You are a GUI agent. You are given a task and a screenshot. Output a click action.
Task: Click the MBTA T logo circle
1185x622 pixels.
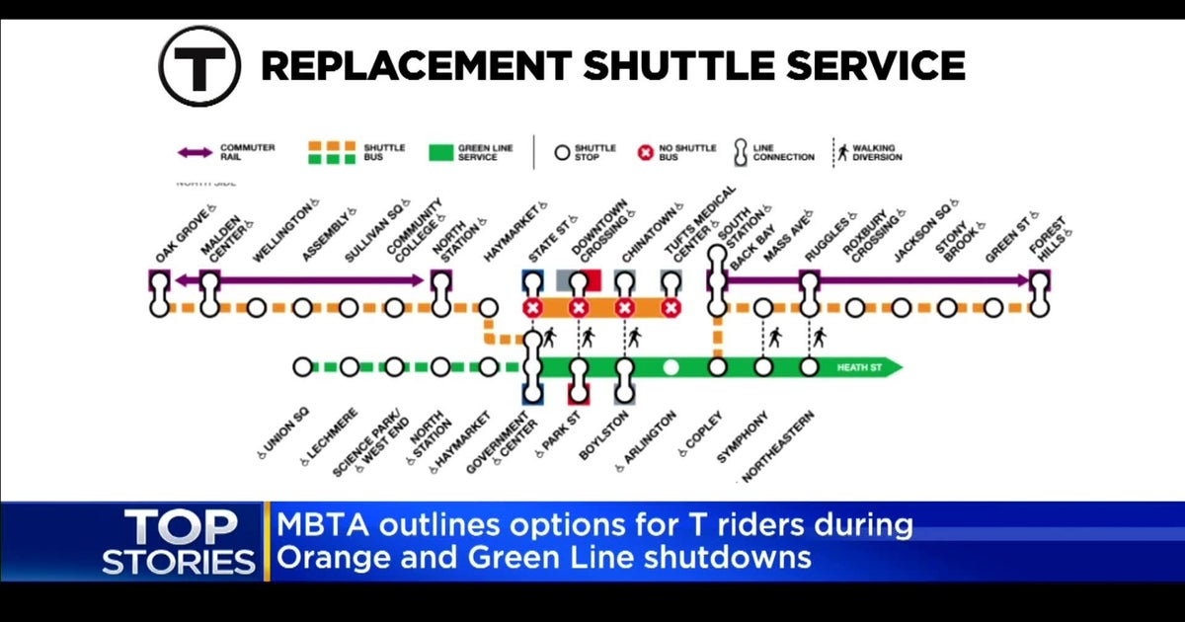[x=199, y=66]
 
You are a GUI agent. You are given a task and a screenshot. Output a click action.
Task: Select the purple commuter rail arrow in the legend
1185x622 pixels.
[x=194, y=152]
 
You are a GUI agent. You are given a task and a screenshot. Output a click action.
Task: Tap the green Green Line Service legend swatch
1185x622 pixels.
[x=440, y=153]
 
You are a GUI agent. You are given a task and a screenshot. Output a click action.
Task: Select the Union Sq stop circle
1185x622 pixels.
[x=302, y=367]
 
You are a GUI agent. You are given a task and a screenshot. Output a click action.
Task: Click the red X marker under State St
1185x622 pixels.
[x=532, y=308]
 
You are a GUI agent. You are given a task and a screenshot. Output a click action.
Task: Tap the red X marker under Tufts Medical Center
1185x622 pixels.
[x=671, y=308]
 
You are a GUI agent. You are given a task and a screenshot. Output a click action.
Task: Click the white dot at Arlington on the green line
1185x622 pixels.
[x=671, y=367]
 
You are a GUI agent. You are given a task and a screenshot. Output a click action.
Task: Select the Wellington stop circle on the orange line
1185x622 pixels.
[x=256, y=308]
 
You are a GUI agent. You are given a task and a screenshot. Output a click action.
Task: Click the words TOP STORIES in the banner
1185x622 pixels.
[x=180, y=543]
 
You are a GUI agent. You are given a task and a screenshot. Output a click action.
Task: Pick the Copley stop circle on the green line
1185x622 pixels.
[x=717, y=367]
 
